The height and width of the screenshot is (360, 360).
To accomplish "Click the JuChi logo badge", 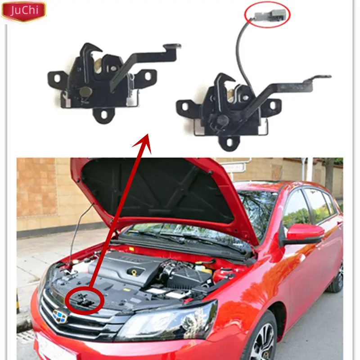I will pos(23,11).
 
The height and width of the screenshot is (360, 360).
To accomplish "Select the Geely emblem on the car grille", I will pos(59,316).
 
